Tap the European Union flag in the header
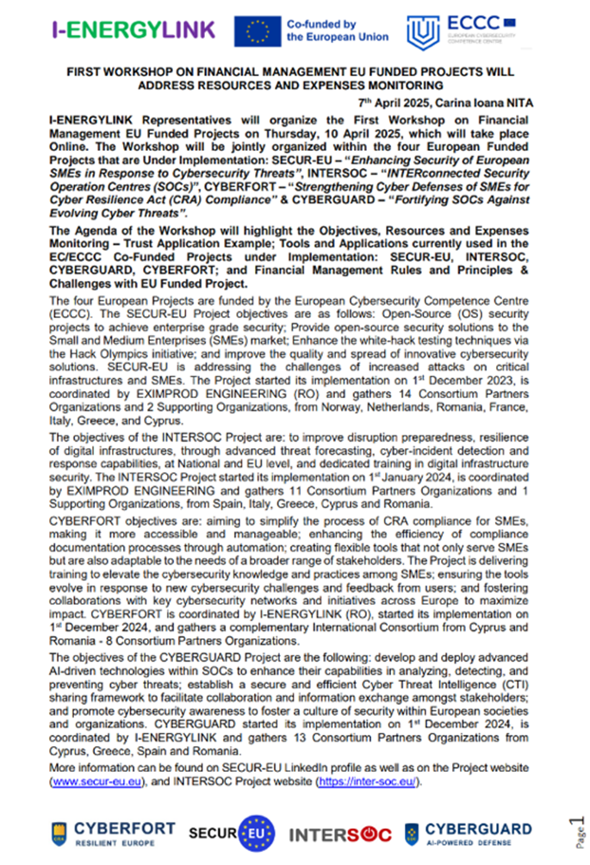pos(257,31)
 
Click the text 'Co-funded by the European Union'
pos(337,31)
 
